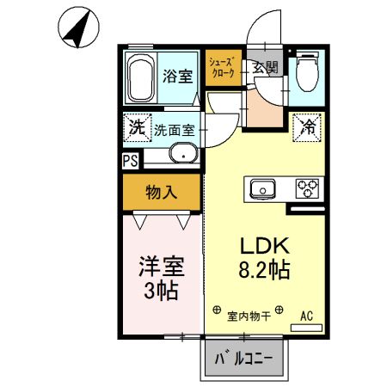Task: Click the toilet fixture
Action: (306, 75)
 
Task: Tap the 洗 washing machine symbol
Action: (136, 128)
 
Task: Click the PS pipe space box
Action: (130, 160)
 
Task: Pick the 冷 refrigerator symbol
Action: (307, 127)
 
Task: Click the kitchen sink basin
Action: (262, 188)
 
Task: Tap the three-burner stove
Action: (307, 188)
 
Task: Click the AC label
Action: (306, 316)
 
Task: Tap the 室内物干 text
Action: (249, 316)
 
